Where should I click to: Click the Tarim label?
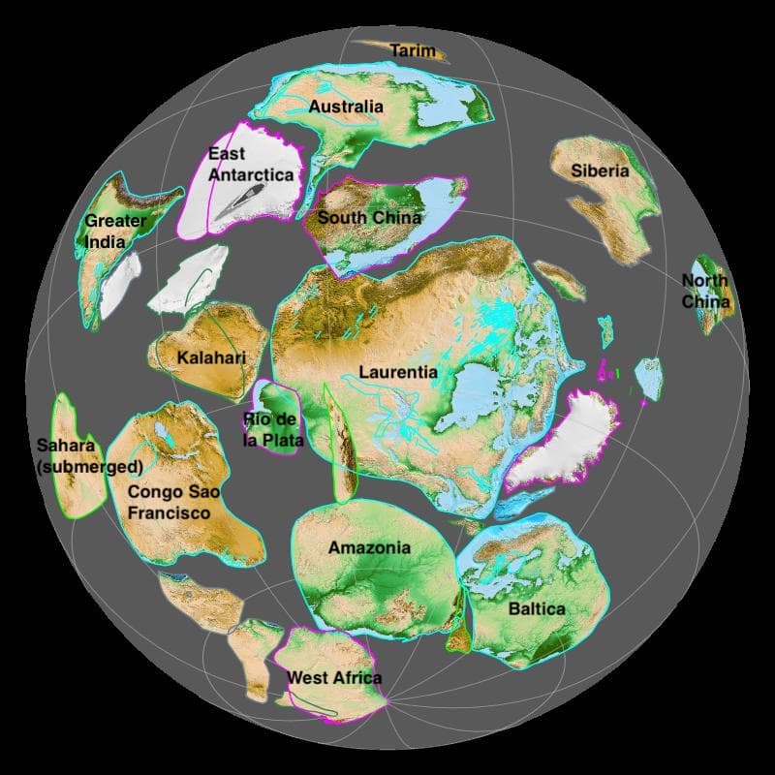tap(413, 50)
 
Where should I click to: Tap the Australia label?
tap(346, 107)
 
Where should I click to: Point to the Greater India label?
tap(115, 230)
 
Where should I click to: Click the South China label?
tap(369, 217)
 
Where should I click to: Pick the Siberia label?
tap(600, 171)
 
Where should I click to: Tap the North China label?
tap(704, 291)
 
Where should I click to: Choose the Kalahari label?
tap(211, 358)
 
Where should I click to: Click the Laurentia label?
tap(398, 372)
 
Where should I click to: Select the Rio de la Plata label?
tap(273, 430)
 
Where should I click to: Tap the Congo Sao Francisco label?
tap(174, 502)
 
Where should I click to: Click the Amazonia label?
tap(369, 548)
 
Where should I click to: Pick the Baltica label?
tap(537, 609)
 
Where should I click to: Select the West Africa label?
tap(334, 678)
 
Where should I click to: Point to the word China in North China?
tap(704, 301)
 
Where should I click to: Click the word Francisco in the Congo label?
tap(170, 512)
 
